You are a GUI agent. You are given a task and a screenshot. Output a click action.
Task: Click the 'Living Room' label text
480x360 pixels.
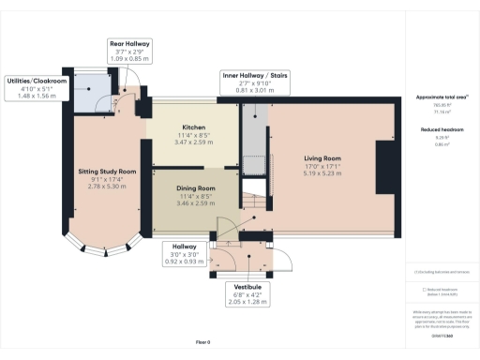[x=324, y=159]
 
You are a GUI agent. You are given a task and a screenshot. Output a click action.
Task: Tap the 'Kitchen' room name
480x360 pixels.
[x=195, y=127]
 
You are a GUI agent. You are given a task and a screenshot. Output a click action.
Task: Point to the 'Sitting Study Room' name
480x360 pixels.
[x=108, y=172]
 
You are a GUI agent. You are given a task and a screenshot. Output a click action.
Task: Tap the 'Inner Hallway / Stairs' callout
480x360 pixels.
[x=253, y=81]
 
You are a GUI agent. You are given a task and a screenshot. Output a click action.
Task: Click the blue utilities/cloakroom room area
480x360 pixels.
[x=91, y=92]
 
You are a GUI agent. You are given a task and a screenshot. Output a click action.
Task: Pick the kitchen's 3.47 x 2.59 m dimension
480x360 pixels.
[x=195, y=145]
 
